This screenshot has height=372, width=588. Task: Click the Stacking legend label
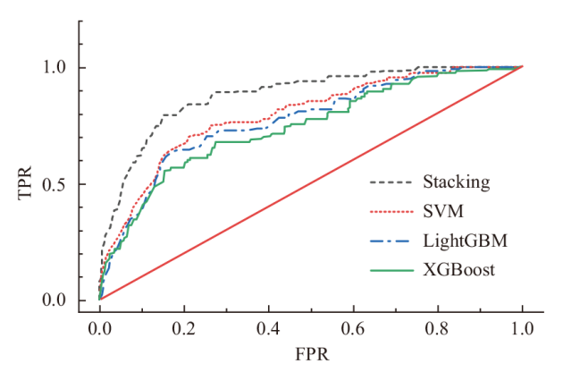[456, 182]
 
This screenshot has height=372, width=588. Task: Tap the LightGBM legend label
[459, 241]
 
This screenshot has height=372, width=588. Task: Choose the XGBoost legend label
[457, 269]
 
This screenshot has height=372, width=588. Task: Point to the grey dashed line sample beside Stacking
[391, 182]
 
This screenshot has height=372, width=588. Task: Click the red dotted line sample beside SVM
[391, 211]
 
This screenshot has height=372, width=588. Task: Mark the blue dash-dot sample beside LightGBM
[391, 241]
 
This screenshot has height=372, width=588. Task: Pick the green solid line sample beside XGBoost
[391, 269]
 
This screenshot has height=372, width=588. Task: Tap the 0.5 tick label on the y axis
[56, 184]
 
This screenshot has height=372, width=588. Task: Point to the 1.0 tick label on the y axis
[56, 67]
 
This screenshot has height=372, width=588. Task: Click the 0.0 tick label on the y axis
[56, 300]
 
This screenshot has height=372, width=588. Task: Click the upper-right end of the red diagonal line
[522, 67]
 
